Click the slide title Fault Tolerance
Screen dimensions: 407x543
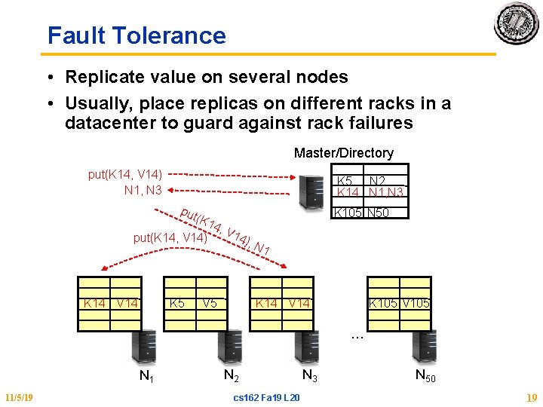137,35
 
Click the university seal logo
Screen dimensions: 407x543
516,23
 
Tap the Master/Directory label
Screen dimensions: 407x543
343,153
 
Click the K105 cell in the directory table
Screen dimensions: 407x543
348,213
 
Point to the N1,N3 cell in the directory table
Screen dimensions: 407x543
386,192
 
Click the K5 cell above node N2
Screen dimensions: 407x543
177,303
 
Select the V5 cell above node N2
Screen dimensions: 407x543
210,303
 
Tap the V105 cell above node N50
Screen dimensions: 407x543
416,303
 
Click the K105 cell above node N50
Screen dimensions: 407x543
383,303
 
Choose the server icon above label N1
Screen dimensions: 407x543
144,347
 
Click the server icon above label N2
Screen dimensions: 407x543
229,347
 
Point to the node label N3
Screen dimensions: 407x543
309,375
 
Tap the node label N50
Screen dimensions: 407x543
425,375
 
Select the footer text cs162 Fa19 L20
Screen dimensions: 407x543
267,397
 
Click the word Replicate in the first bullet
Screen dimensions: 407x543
100,77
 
